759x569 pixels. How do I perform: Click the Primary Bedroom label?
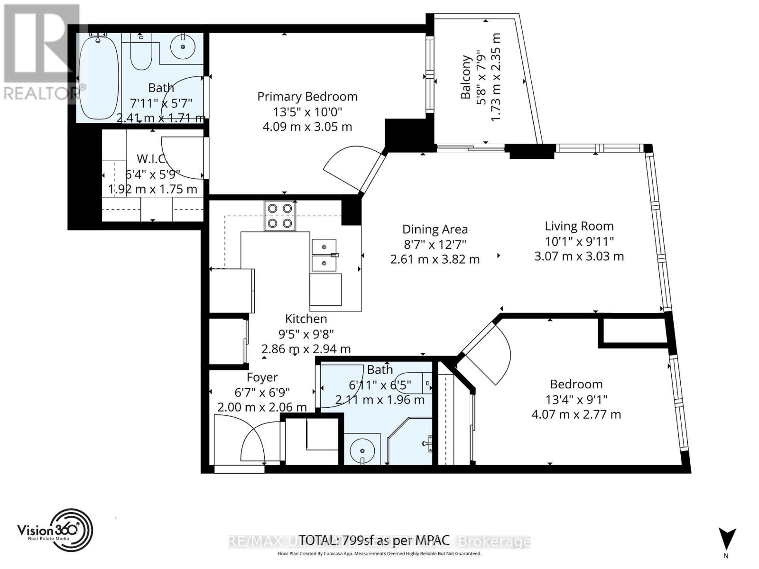pos(307,97)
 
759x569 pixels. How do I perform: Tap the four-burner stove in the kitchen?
pos(280,216)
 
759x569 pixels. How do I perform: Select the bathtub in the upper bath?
pos(98,78)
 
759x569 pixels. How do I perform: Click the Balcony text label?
pos(466,77)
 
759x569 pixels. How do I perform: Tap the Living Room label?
pos(579,226)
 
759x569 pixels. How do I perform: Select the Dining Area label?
pos(435,229)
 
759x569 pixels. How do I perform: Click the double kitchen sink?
pos(324,255)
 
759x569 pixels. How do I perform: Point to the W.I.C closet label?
pos(151,158)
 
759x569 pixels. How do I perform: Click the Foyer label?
pos(262,377)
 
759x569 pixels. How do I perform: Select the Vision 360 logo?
pos(55,530)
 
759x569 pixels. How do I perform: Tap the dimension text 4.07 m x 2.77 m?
pos(576,414)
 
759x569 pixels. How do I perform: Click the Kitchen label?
pos(306,319)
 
